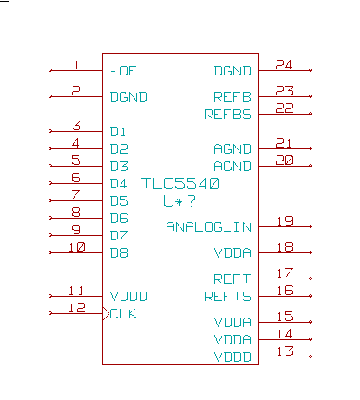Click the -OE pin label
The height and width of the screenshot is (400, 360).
[x=124, y=71]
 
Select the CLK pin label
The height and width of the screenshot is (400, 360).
[x=123, y=314]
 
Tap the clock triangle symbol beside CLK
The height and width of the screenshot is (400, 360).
[x=106, y=313]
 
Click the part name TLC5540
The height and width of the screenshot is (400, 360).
[x=180, y=184]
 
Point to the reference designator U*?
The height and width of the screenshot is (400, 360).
[x=180, y=201]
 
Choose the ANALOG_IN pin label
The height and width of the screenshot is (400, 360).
[x=208, y=227]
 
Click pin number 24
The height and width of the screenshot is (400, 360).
[x=284, y=65]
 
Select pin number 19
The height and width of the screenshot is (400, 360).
[x=285, y=221]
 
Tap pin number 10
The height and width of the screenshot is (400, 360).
[x=77, y=247]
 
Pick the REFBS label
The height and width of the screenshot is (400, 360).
[x=227, y=115]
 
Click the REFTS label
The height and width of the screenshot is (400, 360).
[x=227, y=297]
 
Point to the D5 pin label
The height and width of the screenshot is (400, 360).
[x=119, y=201]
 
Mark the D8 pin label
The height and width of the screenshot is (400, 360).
[x=119, y=253]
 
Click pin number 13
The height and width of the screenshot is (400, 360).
[x=285, y=351]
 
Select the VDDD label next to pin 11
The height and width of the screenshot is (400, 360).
[x=128, y=297]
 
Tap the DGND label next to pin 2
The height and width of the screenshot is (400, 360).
[x=128, y=97]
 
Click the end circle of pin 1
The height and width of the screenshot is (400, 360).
[x=50, y=70]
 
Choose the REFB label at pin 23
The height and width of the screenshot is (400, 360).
[x=232, y=97]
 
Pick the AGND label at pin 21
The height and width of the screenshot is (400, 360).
[x=232, y=149]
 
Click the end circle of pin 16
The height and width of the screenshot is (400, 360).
[x=311, y=296]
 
